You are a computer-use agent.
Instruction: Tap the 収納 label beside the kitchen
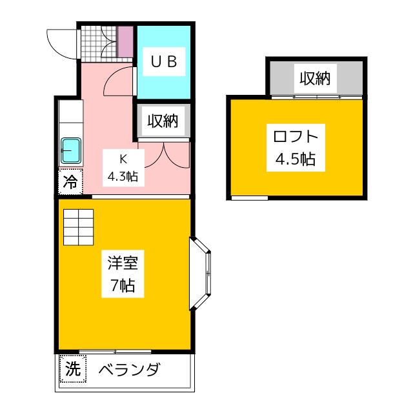point(163,121)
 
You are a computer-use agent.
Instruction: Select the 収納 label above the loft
point(315,79)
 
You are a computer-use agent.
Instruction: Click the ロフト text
point(296,137)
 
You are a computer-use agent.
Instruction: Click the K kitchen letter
point(121,157)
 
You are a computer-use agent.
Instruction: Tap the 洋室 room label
point(121,263)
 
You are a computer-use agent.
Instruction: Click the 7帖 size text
point(121,285)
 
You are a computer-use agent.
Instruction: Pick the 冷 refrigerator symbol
point(70,182)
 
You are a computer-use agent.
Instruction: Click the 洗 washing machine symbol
point(72,370)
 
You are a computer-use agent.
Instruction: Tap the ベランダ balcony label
point(129,370)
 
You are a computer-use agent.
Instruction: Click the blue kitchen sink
point(70,151)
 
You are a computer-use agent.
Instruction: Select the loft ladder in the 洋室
point(78,227)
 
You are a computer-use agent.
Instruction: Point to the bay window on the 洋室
point(202,274)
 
